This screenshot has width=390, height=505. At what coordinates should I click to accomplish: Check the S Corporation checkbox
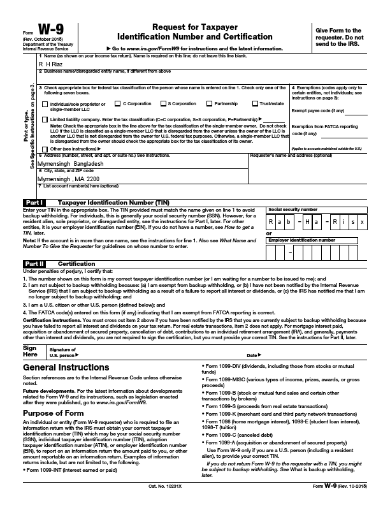pyautogui.click(x=162, y=103)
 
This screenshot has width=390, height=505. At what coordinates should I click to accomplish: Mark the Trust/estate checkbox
pyautogui.click(x=255, y=103)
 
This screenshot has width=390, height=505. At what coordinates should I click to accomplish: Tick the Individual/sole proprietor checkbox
pyautogui.click(x=45, y=104)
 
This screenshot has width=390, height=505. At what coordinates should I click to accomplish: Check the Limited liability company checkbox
pyautogui.click(x=45, y=119)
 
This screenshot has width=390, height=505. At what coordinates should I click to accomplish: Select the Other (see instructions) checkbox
pyautogui.click(x=45, y=148)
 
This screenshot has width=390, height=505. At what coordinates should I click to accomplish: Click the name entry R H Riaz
pyautogui.click(x=50, y=64)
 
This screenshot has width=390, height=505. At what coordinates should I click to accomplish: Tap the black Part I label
pyautogui.click(x=34, y=202)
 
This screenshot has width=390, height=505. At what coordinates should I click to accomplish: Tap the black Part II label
pyautogui.click(x=34, y=263)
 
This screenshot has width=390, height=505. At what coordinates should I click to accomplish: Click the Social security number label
pyautogui.click(x=292, y=209)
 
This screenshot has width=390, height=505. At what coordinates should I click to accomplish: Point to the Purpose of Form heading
pyautogui.click(x=54, y=414)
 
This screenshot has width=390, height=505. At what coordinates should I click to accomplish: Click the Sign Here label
pyautogui.click(x=30, y=351)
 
